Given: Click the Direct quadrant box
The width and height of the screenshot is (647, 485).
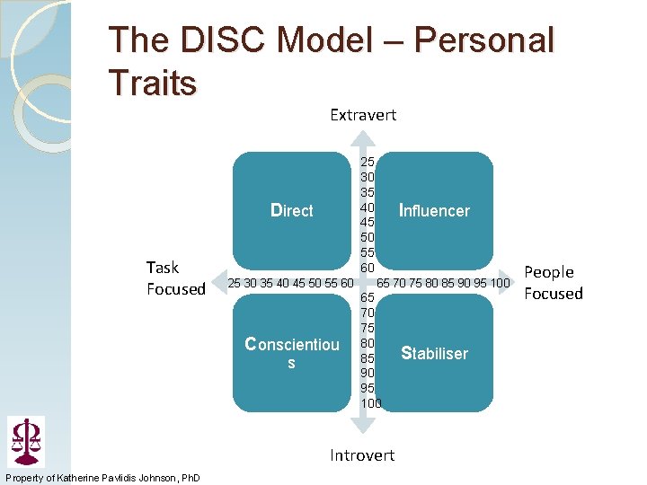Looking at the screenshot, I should point(292,211).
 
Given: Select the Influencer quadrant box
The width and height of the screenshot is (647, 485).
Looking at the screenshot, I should point(434,211).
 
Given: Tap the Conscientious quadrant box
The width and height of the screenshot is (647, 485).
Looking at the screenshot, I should point(292,353).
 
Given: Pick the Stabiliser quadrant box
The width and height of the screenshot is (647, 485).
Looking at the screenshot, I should point(434,353).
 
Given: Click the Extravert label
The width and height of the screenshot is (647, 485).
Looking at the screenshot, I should point(363,115).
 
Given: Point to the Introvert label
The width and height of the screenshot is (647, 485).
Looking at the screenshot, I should point(362,455).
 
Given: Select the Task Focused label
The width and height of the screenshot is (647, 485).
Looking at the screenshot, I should point(175,278).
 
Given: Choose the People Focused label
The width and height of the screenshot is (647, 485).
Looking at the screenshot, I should point(554,282).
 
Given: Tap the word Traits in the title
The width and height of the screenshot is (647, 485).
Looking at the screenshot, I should point(152,84).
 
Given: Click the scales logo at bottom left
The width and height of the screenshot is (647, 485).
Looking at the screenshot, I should point(25,440).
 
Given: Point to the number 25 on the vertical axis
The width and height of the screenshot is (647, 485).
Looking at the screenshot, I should point(368,162).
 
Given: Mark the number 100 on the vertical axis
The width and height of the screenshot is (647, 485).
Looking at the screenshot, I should point(371,403).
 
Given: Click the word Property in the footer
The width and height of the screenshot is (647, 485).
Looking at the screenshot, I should point(24,477).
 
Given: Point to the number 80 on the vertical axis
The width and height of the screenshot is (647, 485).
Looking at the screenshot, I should point(368,342).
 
